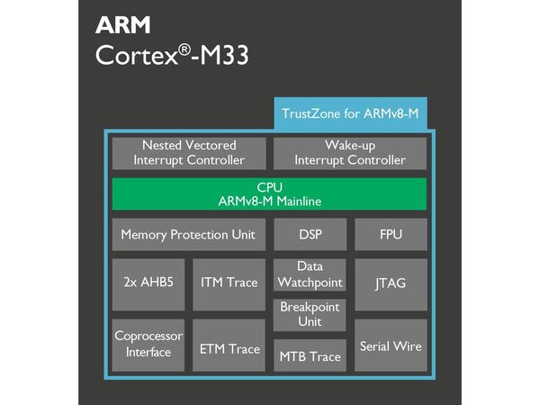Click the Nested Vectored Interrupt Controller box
[x=189, y=153]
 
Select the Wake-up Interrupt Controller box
[x=351, y=153]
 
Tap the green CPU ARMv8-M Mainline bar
[x=269, y=193]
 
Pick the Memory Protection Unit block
[x=188, y=235]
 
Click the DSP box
[x=310, y=235]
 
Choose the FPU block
[x=391, y=235]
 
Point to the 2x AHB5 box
[x=148, y=283]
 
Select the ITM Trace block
[x=229, y=283]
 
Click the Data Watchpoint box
[x=310, y=274]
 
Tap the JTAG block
[x=391, y=283]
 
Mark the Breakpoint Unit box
[x=310, y=314]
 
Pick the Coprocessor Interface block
[x=148, y=344]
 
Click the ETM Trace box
[x=229, y=348]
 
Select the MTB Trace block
[x=310, y=356]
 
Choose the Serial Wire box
[x=391, y=345]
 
